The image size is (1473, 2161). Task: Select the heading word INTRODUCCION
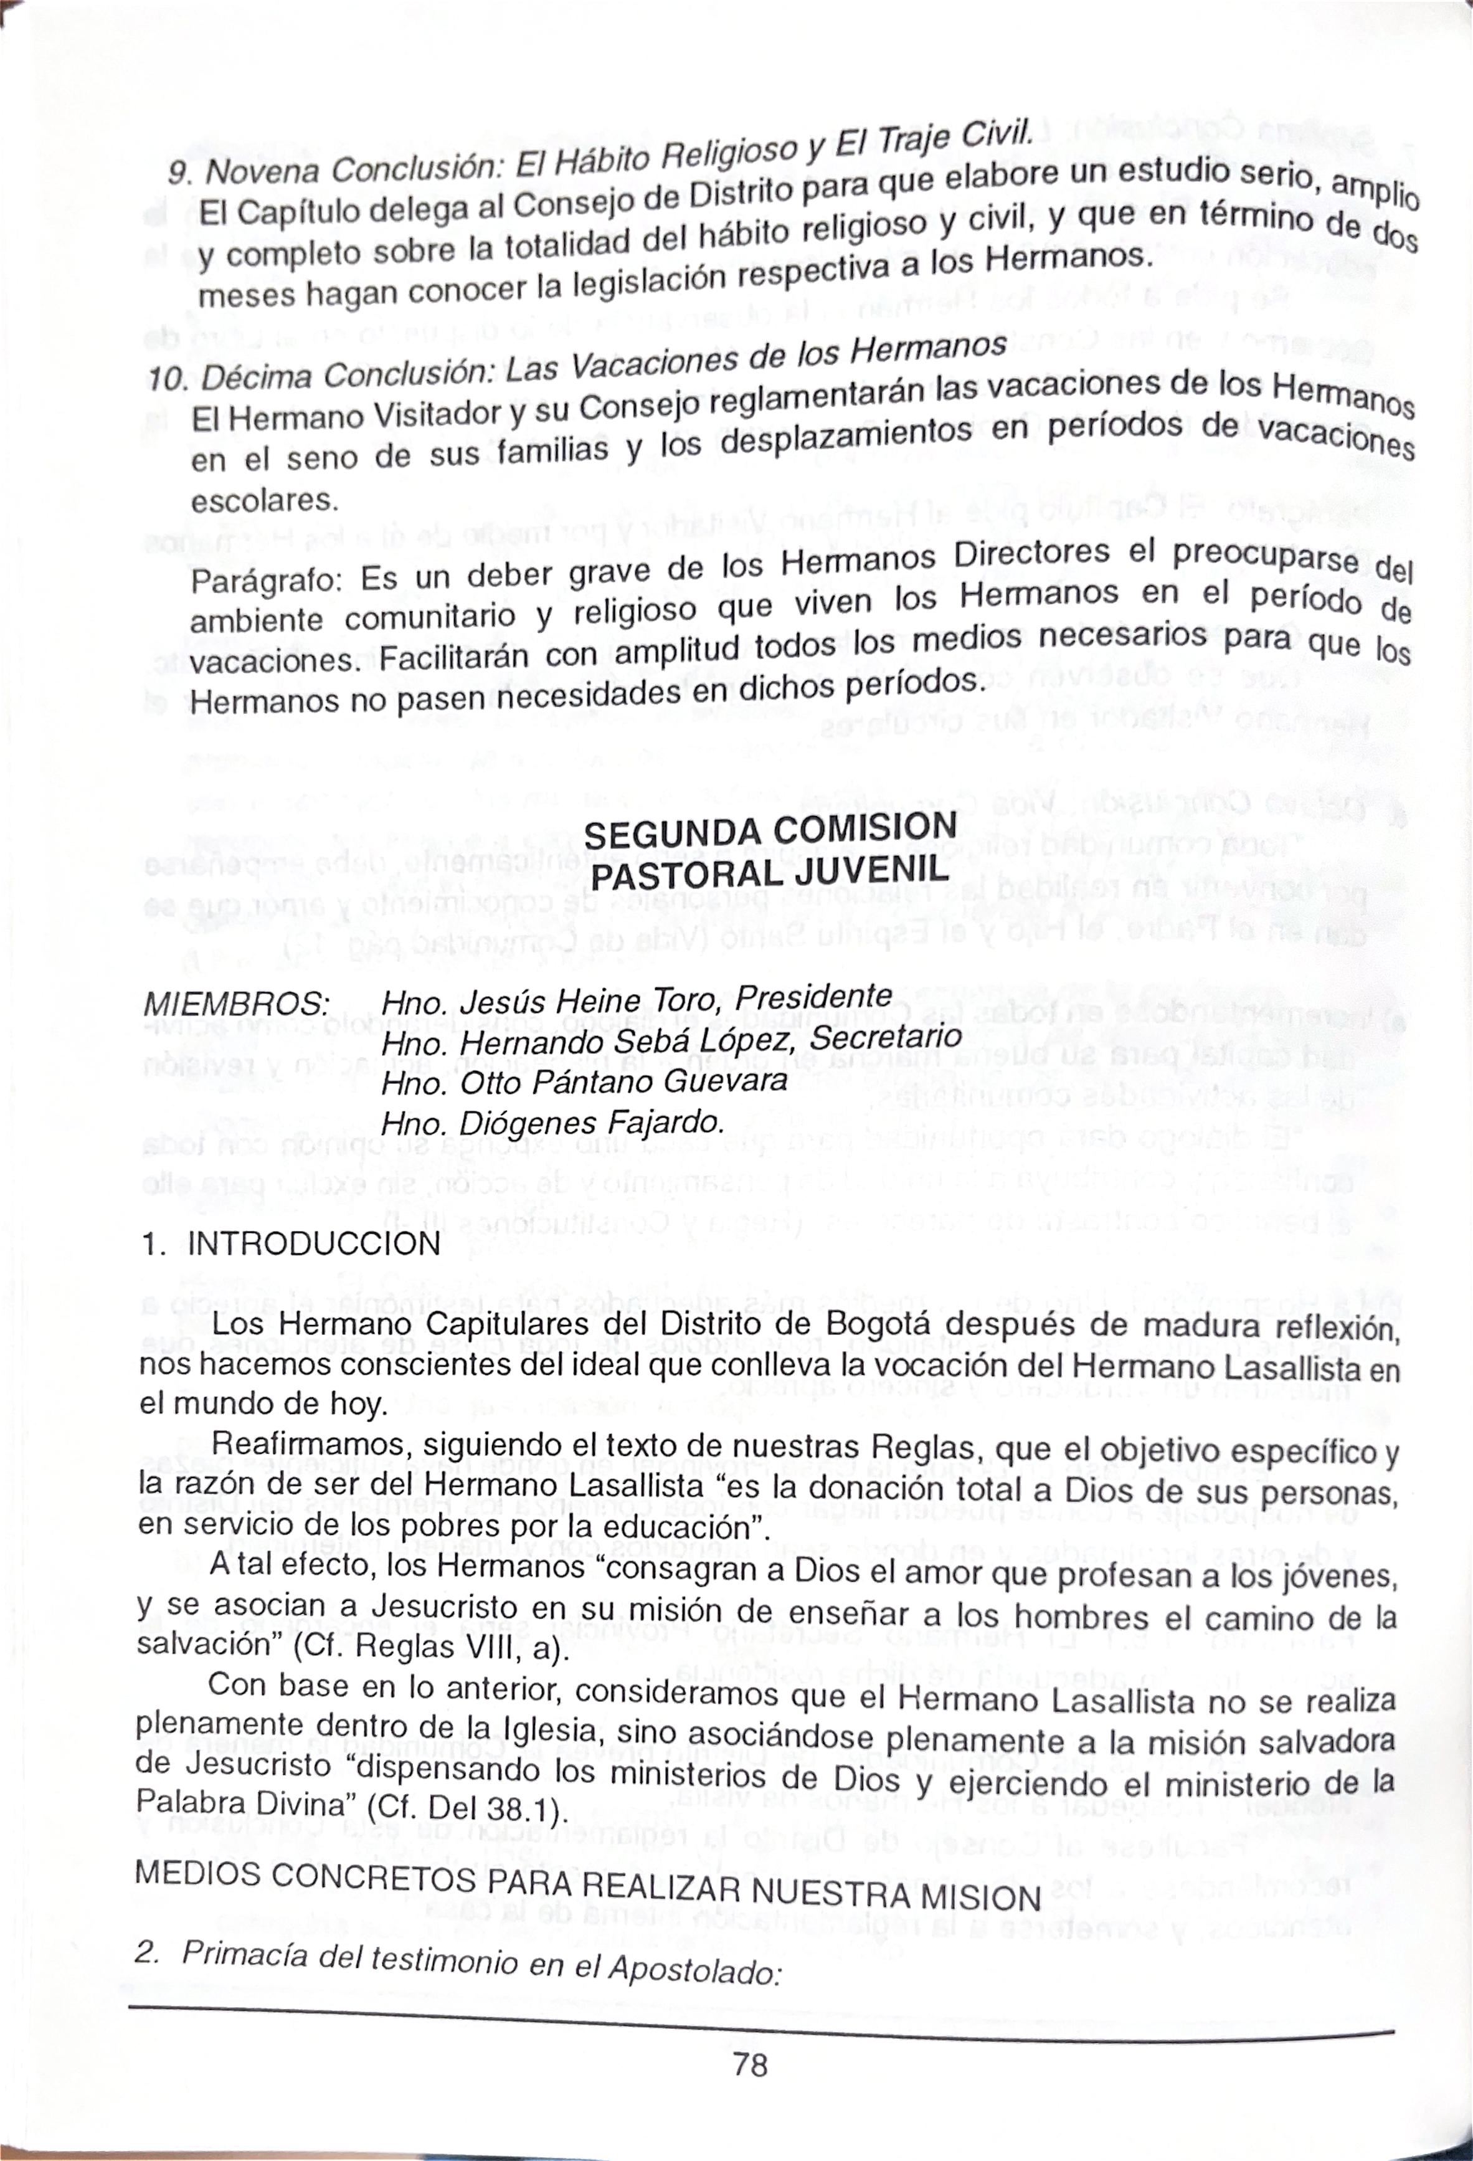[315, 1243]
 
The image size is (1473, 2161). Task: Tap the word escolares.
[264, 501]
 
